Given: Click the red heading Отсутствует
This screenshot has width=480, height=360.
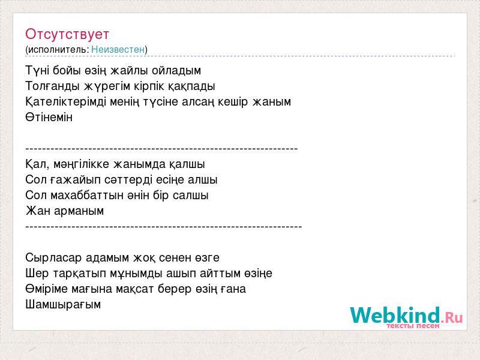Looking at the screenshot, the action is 67,34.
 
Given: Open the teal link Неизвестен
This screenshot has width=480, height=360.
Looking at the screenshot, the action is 118,49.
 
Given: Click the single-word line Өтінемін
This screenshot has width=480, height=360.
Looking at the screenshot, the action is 49,117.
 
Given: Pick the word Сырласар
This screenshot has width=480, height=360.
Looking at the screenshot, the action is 54,258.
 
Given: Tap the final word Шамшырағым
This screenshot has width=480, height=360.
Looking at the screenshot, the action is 63,305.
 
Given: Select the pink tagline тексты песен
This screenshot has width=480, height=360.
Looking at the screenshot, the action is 413,326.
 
